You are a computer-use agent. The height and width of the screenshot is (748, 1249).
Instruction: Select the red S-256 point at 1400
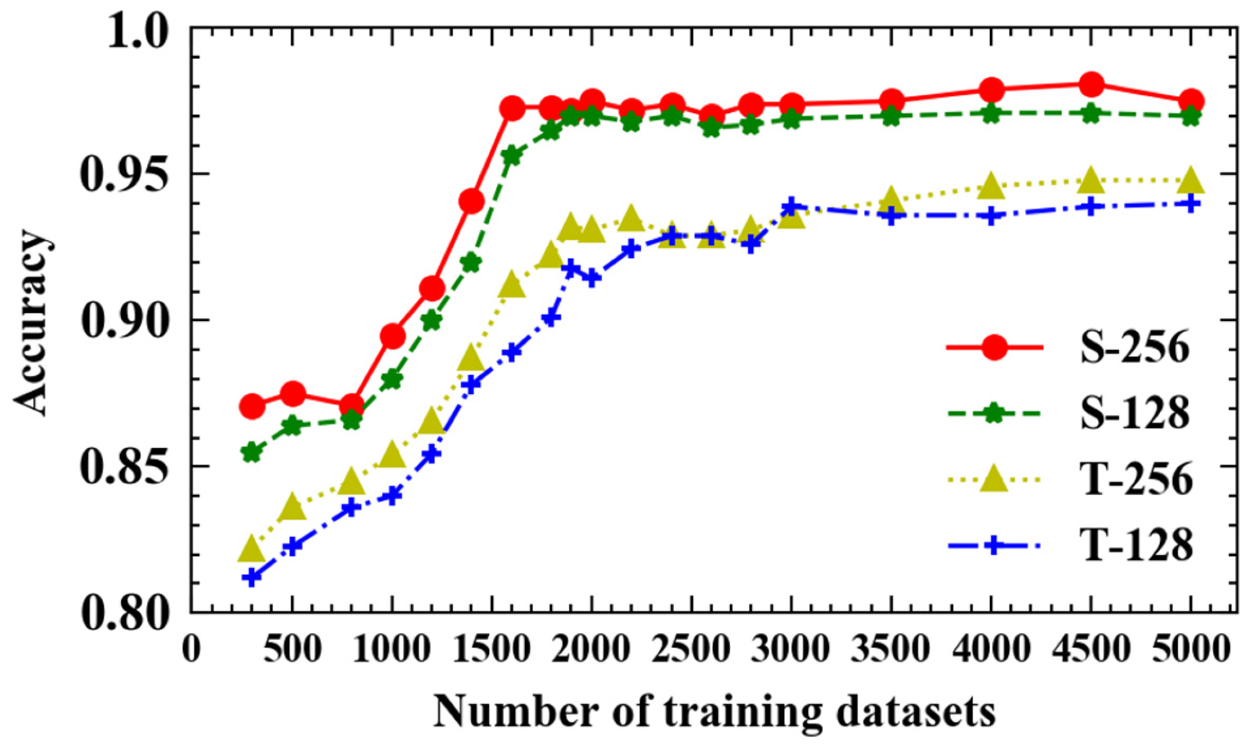[471, 201]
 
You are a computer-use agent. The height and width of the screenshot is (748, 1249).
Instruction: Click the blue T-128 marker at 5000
[1191, 203]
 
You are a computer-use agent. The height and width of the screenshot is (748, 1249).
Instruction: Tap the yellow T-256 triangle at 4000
[991, 187]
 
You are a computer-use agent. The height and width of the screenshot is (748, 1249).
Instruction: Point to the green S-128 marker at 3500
[891, 117]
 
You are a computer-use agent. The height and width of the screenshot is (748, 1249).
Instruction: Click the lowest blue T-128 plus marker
[252, 577]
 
